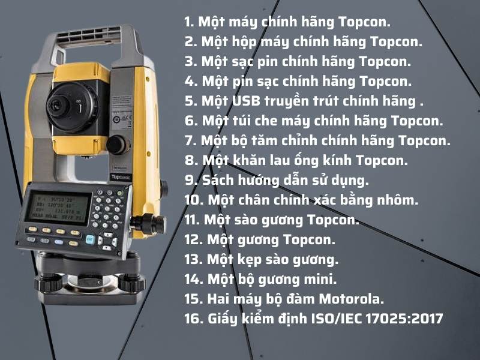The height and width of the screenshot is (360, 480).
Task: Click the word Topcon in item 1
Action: tap(364, 23)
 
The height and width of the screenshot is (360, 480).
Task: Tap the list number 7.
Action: tap(191, 140)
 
